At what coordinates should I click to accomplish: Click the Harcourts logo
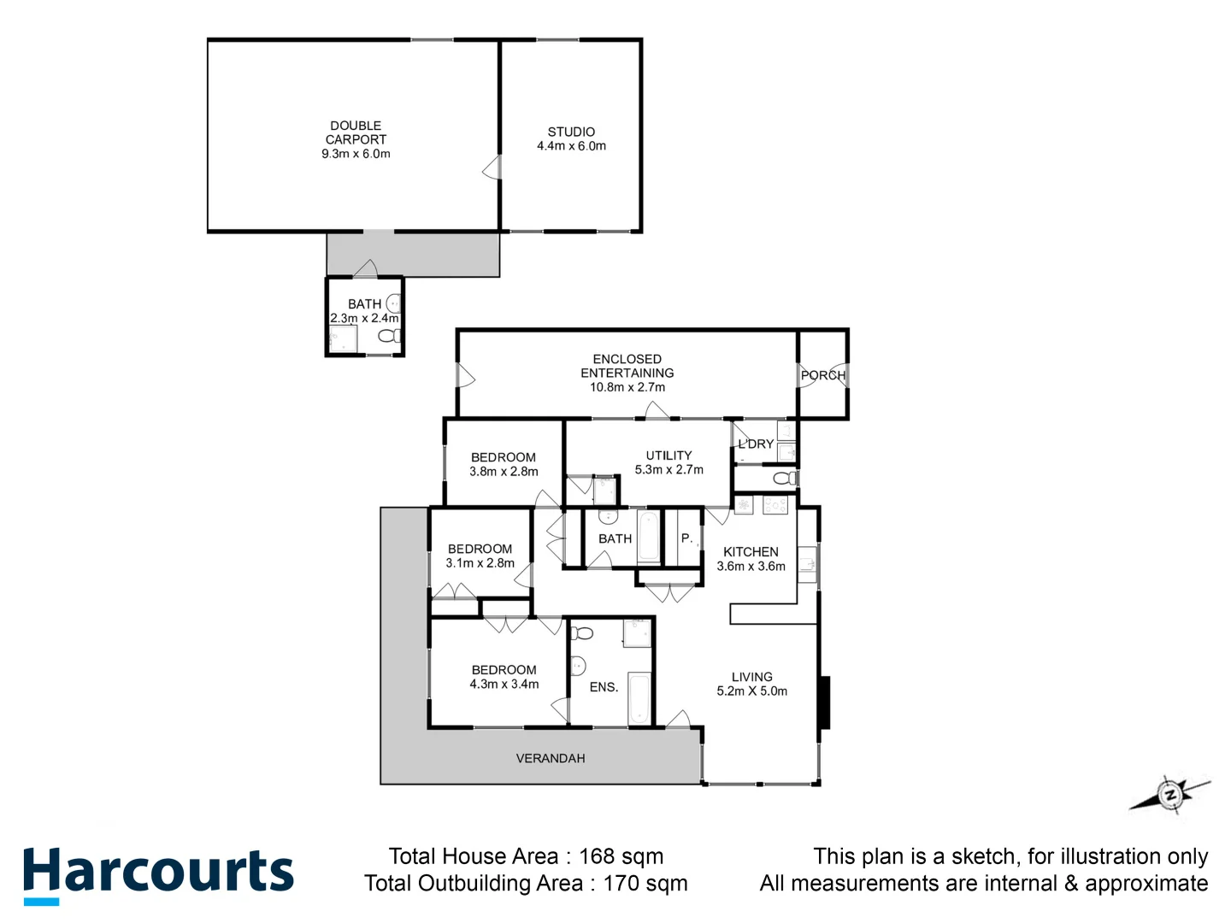tap(158, 873)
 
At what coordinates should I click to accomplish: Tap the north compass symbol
tap(1170, 795)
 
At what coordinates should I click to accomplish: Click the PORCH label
tap(822, 375)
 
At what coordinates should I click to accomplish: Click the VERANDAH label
tap(551, 758)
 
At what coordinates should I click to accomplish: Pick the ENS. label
tap(604, 687)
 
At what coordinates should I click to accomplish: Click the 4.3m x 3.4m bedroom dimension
tap(504, 685)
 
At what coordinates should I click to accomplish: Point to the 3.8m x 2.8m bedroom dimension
tap(504, 472)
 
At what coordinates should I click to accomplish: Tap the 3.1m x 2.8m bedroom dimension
tap(480, 563)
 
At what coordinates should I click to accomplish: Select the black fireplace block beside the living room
tap(824, 703)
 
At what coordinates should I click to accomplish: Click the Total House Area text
tap(526, 856)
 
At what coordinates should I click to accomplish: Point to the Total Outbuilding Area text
tap(526, 883)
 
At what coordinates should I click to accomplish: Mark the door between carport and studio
tap(493, 168)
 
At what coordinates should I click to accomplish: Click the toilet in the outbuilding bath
tap(389, 336)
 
